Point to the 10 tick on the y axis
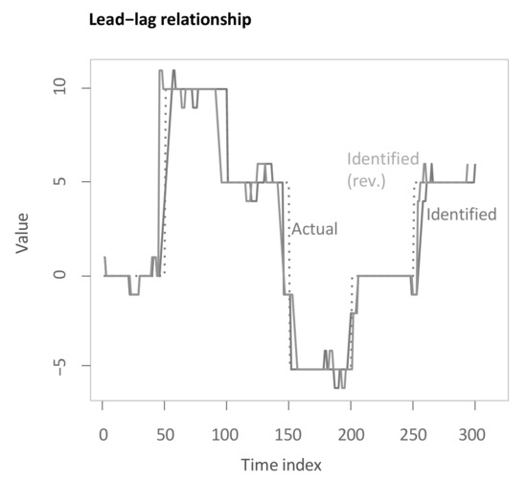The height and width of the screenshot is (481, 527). pos(57,88)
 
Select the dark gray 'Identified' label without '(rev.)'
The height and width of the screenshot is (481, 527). pos(461,214)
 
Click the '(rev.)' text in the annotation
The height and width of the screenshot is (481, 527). pos(366,180)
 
